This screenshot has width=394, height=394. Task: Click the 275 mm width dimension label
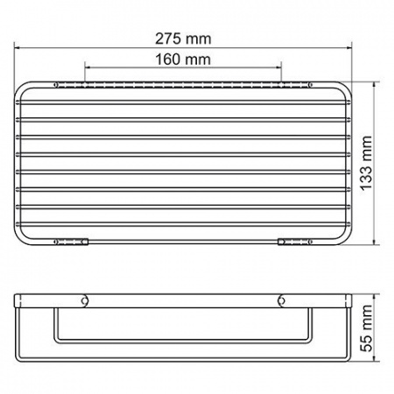184,40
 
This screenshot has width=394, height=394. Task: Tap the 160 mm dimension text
184,60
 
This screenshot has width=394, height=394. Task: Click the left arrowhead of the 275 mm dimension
18,51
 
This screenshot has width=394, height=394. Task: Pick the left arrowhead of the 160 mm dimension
87,67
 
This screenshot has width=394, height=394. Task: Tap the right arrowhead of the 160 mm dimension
280,67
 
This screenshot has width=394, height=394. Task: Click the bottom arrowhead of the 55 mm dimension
378,354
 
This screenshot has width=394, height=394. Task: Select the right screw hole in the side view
282,302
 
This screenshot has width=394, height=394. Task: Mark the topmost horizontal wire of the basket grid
184,98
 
